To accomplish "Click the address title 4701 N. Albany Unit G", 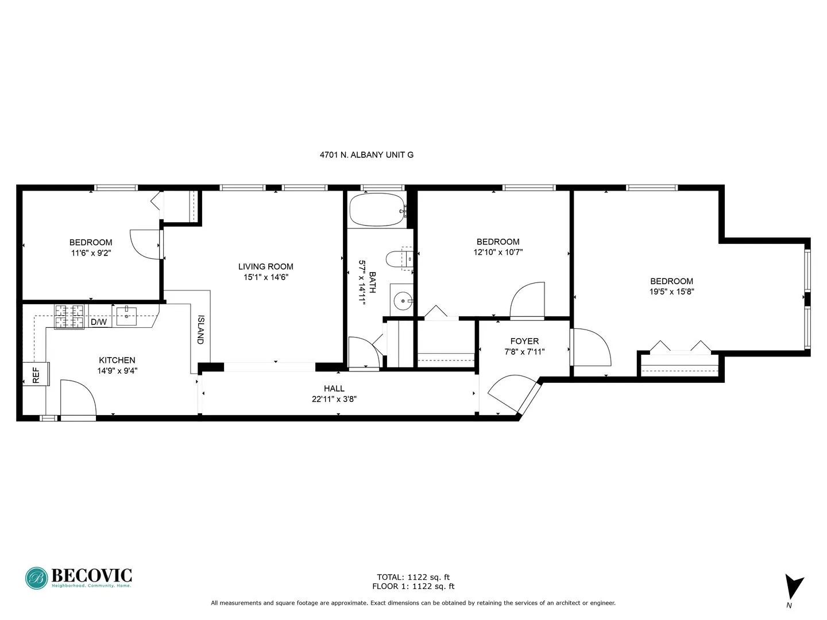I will (366, 154).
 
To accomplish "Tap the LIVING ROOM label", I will (265, 266).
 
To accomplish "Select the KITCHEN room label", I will (117, 360).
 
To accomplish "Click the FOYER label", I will (524, 341).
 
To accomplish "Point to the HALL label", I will (334, 389).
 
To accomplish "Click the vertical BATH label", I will (372, 282).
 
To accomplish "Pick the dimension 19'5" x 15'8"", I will (671, 292).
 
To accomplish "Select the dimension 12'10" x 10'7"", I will (498, 252).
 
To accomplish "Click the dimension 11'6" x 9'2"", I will (91, 253).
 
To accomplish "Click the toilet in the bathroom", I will (399, 259).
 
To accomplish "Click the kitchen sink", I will (126, 315).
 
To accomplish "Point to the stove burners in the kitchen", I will (70, 316).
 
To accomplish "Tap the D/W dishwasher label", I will (99, 322).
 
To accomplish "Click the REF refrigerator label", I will (36, 375).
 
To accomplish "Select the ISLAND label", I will (200, 330).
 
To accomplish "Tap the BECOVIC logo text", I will (92, 575).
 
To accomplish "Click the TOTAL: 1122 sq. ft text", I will (413, 577).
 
